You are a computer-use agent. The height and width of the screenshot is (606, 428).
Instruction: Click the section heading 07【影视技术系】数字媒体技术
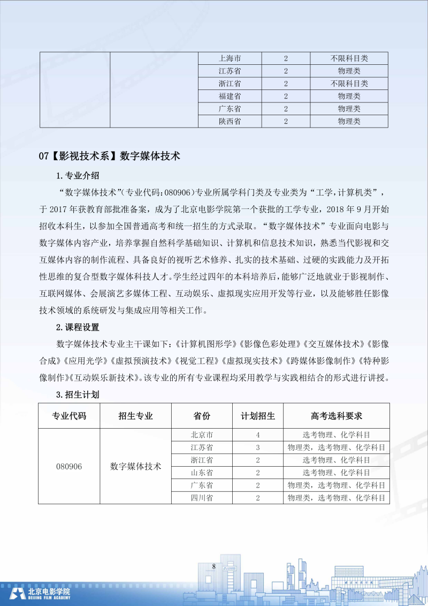pos(110,156)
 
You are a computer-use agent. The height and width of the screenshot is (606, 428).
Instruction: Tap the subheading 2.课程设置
pos(78,327)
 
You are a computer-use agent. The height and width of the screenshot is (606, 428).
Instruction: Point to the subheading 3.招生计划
pos(78,395)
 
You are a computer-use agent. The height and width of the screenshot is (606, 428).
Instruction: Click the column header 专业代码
pos(68,416)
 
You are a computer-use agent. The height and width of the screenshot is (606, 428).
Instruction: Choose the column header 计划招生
pos(258,416)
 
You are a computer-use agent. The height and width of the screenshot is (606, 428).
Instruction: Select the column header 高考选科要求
pos(337,416)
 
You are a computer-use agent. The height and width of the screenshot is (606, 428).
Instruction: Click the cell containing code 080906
pos(69,466)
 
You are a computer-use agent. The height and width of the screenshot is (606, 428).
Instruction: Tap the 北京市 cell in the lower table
pos(202,435)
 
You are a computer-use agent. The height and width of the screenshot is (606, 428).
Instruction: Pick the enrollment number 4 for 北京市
pos(258,435)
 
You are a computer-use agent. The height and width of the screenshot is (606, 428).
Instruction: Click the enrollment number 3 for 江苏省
pos(258,447)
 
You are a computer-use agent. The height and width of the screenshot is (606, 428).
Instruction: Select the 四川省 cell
pos(202,498)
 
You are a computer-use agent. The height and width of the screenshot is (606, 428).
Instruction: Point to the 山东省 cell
pos(202,473)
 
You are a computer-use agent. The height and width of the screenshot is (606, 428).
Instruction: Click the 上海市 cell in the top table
pos(230,58)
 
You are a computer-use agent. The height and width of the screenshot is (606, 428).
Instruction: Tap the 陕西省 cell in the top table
pos(230,121)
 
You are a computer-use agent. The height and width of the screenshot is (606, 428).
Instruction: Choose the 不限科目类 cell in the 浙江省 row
pos(349,84)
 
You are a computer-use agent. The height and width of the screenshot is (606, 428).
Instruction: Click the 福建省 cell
pos(230,96)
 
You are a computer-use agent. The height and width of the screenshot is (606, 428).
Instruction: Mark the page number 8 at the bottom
pos(213,566)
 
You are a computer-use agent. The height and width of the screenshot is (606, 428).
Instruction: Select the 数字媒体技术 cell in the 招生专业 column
pos(136,466)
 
